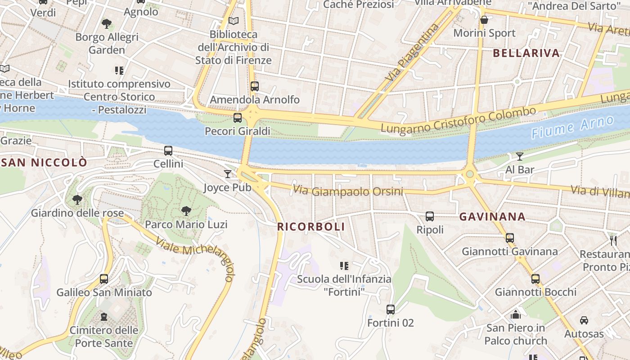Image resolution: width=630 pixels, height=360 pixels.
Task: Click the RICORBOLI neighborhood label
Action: point(311,227)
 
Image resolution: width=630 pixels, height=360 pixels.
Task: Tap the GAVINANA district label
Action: point(492,217)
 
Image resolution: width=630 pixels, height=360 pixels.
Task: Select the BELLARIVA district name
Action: point(526,53)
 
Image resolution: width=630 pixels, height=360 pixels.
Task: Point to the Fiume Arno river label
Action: point(572,127)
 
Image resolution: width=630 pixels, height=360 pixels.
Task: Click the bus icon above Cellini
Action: point(168,151)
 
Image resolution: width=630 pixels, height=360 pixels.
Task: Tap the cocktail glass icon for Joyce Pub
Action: point(228,174)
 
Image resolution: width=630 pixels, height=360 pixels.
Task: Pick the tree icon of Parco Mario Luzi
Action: point(186,211)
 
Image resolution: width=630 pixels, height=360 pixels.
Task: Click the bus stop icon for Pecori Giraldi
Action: point(238,118)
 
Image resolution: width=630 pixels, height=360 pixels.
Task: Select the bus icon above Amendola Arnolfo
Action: point(255,86)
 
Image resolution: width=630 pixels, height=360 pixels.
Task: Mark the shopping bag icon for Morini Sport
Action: point(484,20)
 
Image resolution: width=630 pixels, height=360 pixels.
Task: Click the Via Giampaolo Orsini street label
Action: point(348,191)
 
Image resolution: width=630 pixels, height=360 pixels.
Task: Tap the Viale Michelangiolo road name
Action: point(195,255)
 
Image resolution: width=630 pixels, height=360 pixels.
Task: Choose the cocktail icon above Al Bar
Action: point(520,157)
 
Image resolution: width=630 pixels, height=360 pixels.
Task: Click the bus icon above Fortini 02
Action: point(390,310)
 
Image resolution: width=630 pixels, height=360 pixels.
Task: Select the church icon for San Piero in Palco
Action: point(516,314)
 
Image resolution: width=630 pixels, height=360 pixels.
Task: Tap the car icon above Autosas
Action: point(584,320)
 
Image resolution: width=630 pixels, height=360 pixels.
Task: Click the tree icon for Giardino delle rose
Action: point(77,199)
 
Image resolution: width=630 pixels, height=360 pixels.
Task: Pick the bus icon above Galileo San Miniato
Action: point(104,279)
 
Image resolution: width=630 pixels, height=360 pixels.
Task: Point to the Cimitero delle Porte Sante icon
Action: point(104,317)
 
